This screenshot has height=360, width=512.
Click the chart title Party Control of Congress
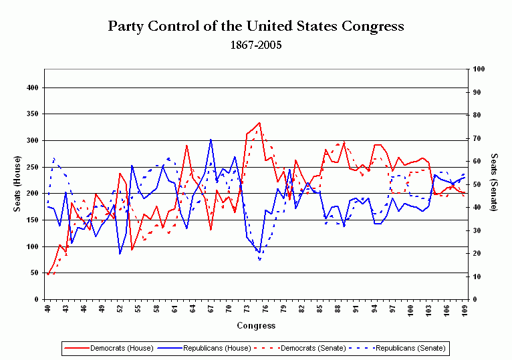click(x=256, y=27)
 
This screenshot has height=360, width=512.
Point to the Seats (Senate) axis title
click(x=494, y=184)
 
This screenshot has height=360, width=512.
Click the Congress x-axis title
click(x=256, y=326)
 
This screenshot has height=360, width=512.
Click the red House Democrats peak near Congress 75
click(x=259, y=123)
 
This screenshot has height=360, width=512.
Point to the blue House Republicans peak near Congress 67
click(x=211, y=140)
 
